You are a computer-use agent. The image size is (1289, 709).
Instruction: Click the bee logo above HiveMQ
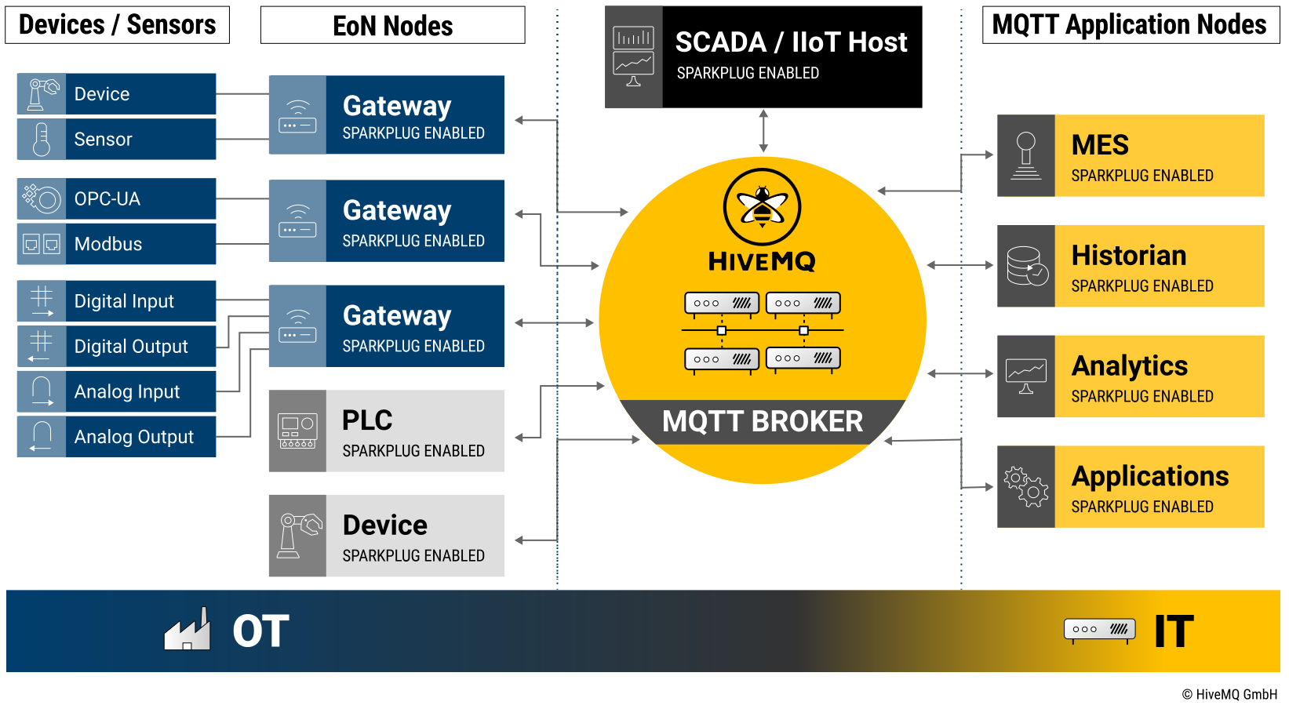762,207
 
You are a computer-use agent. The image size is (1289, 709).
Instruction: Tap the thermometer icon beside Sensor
42,140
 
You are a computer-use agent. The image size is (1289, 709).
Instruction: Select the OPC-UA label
107,198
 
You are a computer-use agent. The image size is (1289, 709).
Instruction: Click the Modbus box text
108,244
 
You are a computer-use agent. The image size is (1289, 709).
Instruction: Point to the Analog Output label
134,437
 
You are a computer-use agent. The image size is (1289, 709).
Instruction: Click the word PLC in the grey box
367,420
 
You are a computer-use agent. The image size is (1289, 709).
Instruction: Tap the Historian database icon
1027,266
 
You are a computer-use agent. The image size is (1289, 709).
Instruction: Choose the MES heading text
1100,145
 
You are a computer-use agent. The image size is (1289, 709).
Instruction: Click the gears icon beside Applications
1026,487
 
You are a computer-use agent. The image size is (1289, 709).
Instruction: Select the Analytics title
1130,366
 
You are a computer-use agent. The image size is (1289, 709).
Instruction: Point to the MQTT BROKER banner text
763,421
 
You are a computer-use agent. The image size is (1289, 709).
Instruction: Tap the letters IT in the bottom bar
1174,631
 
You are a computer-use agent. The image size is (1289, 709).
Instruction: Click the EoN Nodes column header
392,26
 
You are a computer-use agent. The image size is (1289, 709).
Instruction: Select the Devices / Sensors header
118,25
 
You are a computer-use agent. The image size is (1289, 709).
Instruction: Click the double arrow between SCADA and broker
763,131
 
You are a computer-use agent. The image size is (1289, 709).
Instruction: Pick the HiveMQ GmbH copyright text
1229,695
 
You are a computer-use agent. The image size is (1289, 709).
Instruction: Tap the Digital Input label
124,301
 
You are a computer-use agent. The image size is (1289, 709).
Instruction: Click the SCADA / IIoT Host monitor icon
633,56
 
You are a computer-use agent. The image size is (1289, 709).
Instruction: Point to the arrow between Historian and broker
959,265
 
